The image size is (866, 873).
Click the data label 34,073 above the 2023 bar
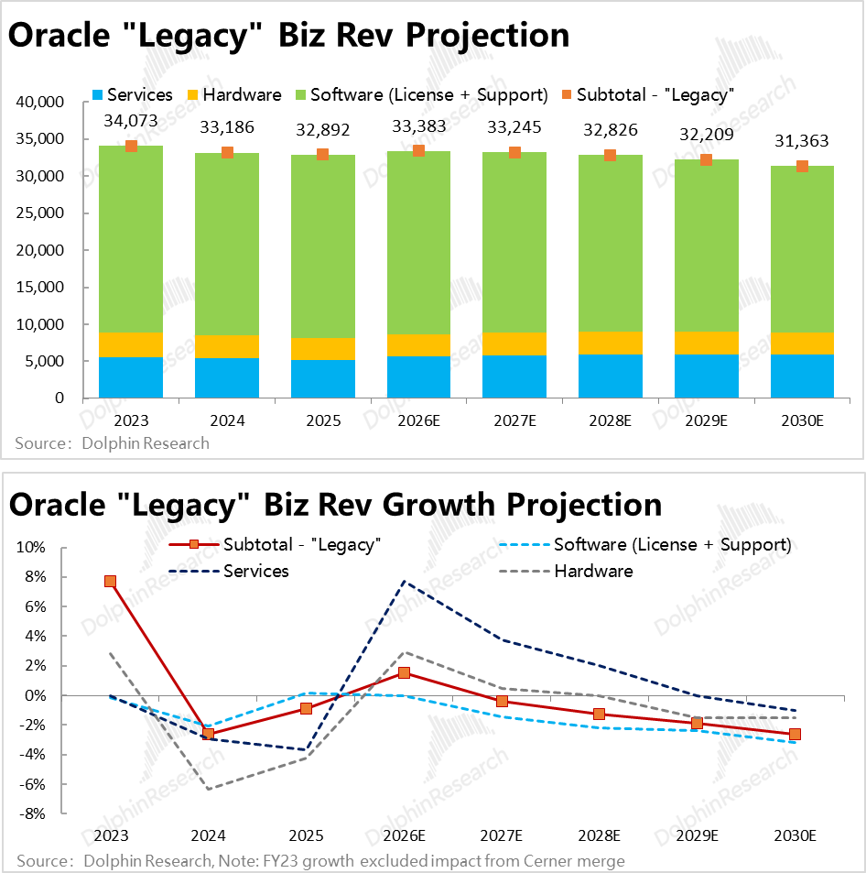(x=131, y=120)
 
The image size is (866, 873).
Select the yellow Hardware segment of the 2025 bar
(x=323, y=349)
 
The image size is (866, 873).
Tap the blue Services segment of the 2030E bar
(x=802, y=376)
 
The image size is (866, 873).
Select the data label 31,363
(x=802, y=141)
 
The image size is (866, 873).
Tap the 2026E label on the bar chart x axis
(x=418, y=421)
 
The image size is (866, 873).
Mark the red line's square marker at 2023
(x=110, y=581)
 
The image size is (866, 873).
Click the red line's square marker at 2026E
(x=404, y=672)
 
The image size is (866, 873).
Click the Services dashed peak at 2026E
(x=404, y=581)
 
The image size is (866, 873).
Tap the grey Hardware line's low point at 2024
(x=209, y=790)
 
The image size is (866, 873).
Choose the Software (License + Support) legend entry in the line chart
(x=671, y=545)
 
